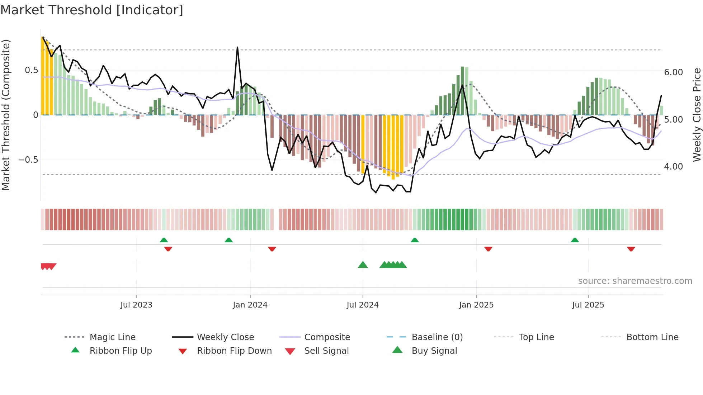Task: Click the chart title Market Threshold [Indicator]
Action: point(92,10)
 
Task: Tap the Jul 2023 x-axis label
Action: point(136,305)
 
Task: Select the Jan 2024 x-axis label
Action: point(250,305)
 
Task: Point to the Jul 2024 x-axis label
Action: point(363,305)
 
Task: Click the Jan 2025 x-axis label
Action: point(476,305)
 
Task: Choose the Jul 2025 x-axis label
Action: point(588,305)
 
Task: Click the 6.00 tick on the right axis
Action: point(673,72)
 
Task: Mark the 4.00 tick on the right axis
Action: point(673,167)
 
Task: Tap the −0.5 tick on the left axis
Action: point(28,160)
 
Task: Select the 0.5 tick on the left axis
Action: point(32,70)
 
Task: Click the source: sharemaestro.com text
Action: point(635,281)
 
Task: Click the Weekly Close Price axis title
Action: point(697,115)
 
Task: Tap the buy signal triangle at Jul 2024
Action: point(363,265)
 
